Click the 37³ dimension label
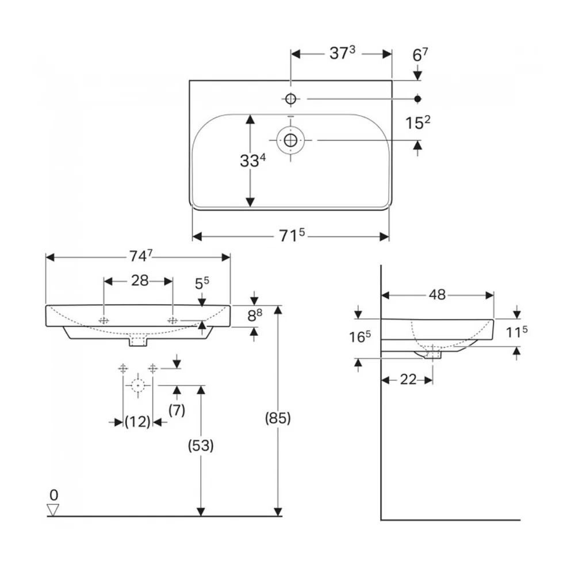click(343, 53)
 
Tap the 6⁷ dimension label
click(420, 55)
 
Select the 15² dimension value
click(417, 123)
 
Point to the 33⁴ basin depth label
click(252, 160)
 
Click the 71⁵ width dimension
click(292, 235)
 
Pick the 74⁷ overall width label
click(140, 256)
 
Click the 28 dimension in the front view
click(140, 281)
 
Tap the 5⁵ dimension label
click(202, 283)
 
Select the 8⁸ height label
click(255, 315)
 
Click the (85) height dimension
click(278, 418)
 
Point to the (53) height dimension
click(201, 446)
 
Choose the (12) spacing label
click(137, 421)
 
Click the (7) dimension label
click(177, 409)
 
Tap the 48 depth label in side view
click(437, 294)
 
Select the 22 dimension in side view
click(408, 379)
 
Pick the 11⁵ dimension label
click(517, 332)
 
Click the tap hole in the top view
click(290, 99)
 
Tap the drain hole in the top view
click(290, 140)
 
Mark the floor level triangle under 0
click(53, 509)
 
